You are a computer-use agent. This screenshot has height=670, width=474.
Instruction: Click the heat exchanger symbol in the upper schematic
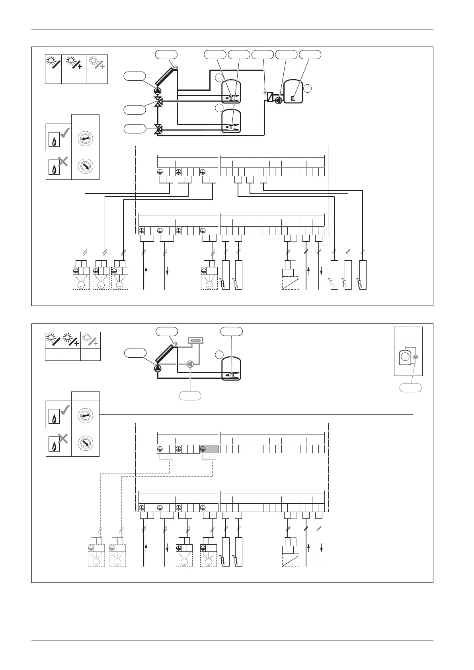270,97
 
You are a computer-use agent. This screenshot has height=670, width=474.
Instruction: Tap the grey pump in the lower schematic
190,364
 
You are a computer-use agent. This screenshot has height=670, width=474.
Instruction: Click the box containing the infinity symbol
195,341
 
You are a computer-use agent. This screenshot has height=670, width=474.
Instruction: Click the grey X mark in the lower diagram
62,439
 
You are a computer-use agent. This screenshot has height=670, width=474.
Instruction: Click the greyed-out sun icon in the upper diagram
97,63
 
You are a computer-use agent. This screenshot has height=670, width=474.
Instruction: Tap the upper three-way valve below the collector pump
158,102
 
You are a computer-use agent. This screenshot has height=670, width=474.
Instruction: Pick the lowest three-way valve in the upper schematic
158,129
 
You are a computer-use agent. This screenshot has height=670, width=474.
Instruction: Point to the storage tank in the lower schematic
231,368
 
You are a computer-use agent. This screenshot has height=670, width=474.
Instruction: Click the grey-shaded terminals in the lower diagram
209,449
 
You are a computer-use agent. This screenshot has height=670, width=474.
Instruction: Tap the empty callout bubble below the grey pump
190,395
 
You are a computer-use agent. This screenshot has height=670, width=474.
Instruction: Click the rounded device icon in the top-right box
405,357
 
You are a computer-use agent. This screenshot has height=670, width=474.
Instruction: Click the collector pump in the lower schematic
158,368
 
